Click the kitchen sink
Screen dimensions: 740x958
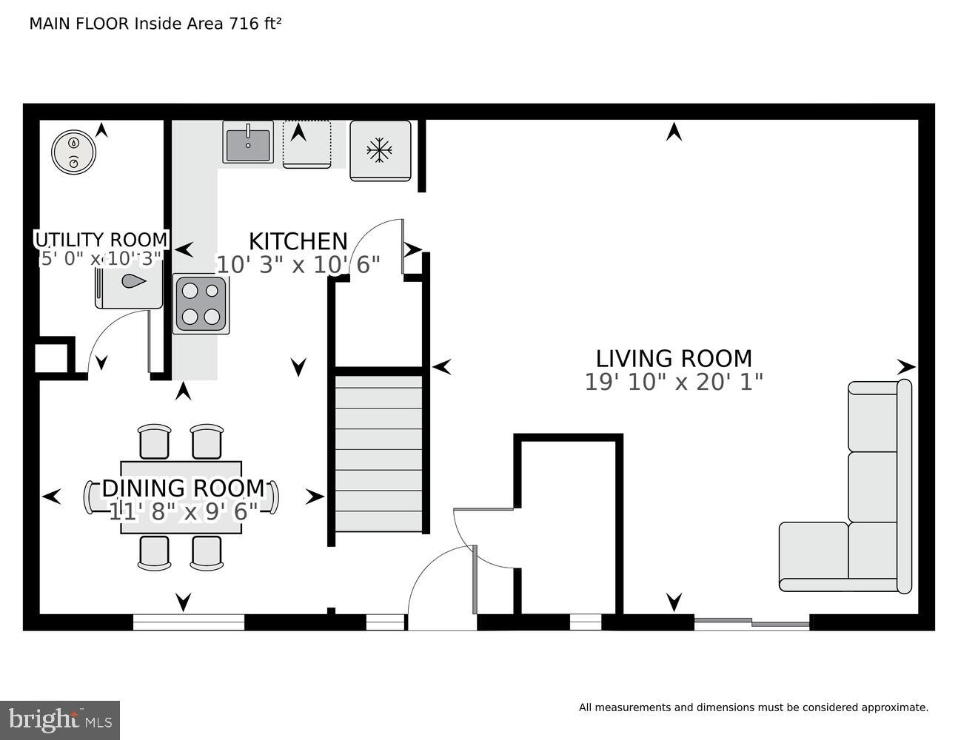pos(248,142)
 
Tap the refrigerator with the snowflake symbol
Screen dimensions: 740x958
pos(380,151)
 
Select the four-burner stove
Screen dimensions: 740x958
pos(201,304)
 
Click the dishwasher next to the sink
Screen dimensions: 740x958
pos(307,145)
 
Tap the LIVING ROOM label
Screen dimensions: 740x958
pos(674,359)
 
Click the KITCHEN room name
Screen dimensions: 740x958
pos(298,242)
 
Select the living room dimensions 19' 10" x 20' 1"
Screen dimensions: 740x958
pos(674,382)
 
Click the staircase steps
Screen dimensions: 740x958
pos(379,453)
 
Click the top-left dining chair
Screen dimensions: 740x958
pos(155,442)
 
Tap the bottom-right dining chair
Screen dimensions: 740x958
pos(207,553)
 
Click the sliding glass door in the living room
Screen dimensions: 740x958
pos(751,623)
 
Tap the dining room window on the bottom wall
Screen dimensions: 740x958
pos(189,622)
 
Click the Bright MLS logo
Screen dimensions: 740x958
pos(59,719)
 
